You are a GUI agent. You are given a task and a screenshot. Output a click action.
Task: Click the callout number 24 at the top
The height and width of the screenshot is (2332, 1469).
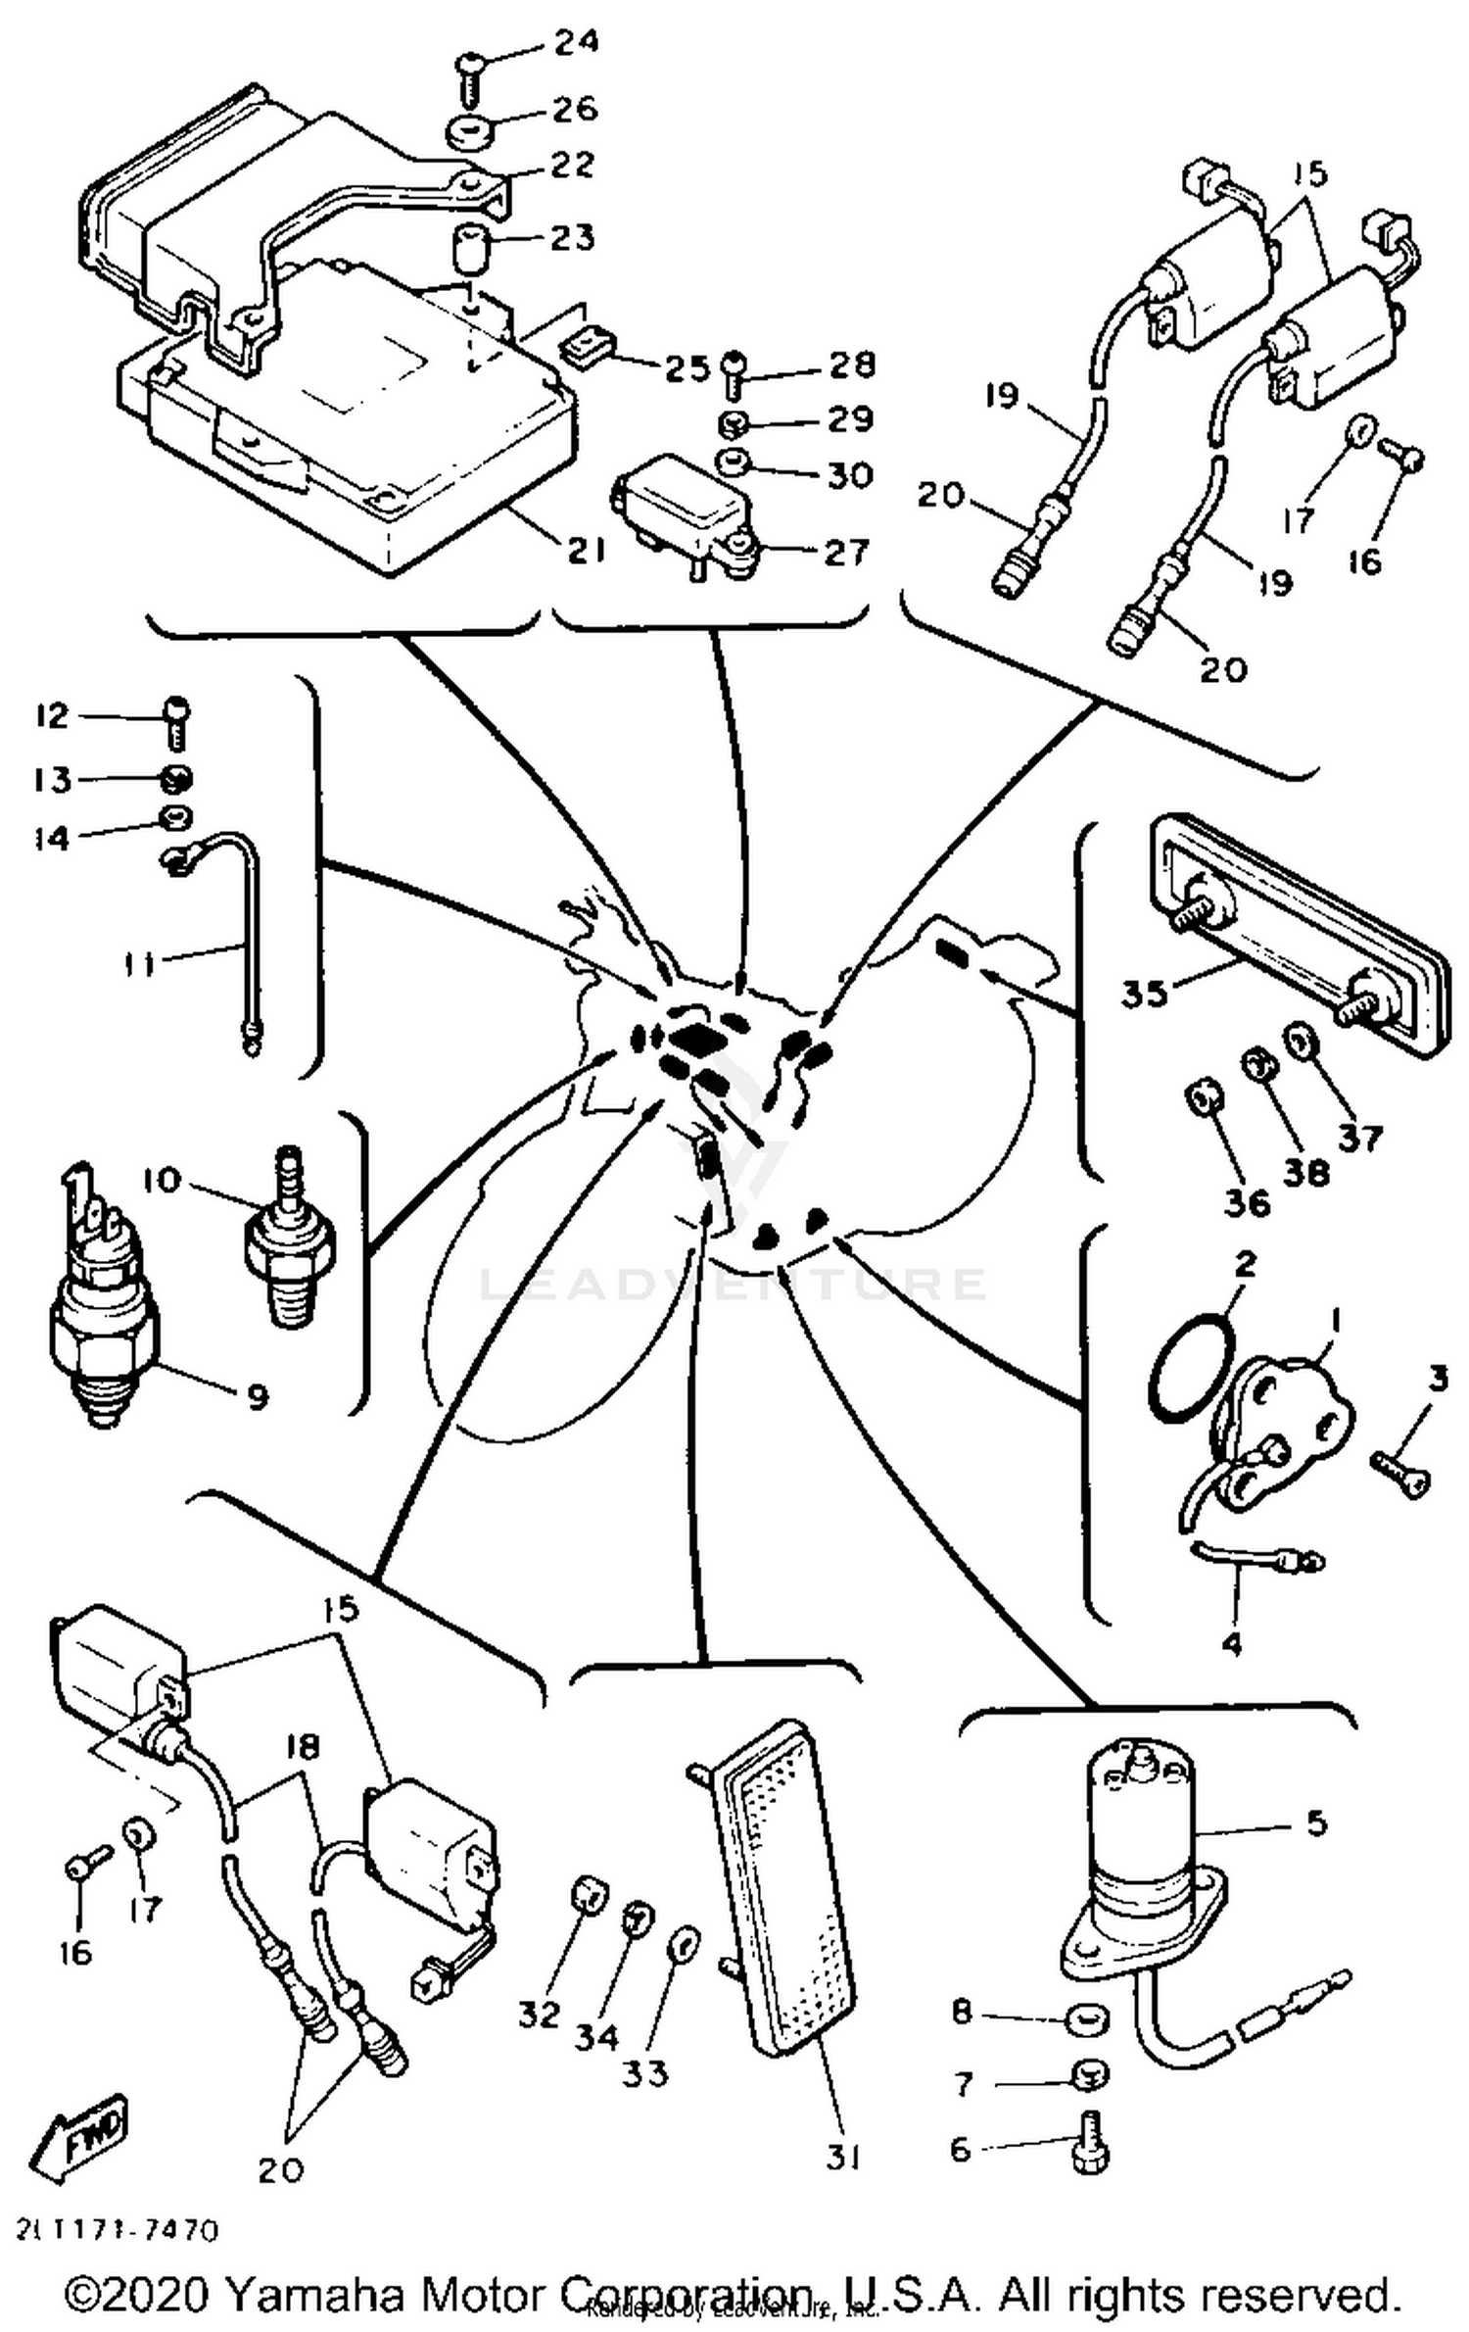click(x=577, y=42)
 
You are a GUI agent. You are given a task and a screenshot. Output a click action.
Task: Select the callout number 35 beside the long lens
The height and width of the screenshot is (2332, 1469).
click(x=1145, y=994)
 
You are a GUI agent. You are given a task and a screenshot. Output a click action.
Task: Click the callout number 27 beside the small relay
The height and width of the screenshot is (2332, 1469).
click(x=846, y=552)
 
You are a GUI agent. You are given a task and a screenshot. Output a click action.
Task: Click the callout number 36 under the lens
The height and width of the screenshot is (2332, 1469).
click(x=1247, y=1201)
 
